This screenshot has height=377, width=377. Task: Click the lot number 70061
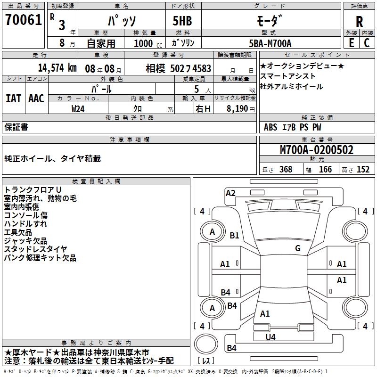22,20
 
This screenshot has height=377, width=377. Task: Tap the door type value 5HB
181,20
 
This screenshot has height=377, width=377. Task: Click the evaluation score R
359,21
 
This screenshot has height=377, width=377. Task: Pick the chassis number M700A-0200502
317,150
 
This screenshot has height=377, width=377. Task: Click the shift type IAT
13,98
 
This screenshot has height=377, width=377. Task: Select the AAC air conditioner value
36,98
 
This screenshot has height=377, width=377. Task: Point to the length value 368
286,170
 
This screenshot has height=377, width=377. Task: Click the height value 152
363,170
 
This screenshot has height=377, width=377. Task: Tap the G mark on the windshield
298,248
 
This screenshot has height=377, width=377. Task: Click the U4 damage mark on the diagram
270,337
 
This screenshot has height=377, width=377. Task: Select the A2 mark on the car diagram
230,193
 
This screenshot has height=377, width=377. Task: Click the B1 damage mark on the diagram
234,236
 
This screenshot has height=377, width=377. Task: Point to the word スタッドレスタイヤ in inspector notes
36,249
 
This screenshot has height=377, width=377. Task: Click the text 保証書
16,127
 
